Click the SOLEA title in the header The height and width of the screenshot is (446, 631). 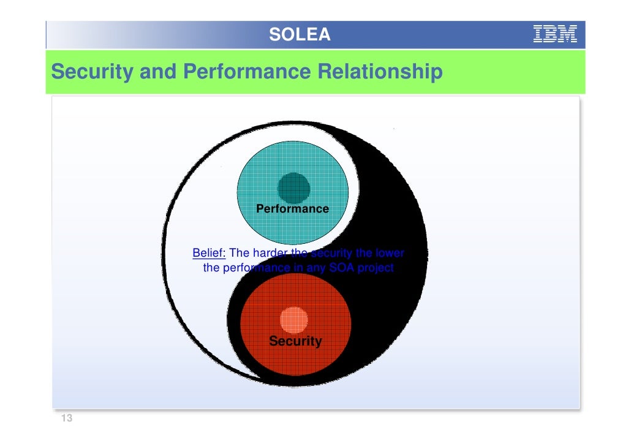[300, 35]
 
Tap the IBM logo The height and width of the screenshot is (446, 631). [556, 34]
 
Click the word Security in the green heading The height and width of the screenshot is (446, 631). [93, 72]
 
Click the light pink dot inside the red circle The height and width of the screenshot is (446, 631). [294, 320]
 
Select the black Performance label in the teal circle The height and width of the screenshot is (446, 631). [292, 209]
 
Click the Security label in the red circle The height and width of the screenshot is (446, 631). [295, 341]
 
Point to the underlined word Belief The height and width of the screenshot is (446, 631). [210, 253]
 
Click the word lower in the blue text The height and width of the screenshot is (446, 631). [390, 253]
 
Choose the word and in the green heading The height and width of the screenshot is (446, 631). [158, 72]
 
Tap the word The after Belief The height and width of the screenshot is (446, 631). [240, 253]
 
